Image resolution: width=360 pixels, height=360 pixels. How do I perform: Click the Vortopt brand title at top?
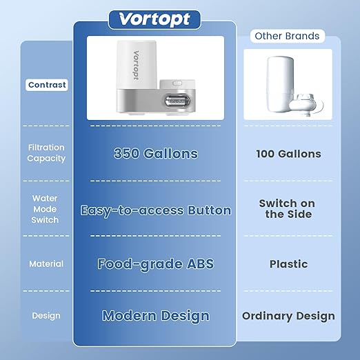click(154, 19)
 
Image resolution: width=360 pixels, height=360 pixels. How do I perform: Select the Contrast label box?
click(48, 86)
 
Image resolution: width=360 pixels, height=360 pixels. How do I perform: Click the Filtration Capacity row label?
click(47, 152)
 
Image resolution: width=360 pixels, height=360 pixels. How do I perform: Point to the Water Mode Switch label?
click(45, 209)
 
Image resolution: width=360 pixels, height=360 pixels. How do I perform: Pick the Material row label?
click(46, 263)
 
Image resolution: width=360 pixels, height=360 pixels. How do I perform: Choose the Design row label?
click(46, 316)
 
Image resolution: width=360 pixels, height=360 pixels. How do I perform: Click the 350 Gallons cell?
click(155, 153)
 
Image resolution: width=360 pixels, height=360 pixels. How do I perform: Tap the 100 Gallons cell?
click(288, 154)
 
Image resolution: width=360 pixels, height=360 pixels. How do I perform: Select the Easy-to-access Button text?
click(155, 210)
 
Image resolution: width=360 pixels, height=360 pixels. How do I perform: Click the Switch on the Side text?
click(287, 209)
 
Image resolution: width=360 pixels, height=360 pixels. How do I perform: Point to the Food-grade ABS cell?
click(155, 263)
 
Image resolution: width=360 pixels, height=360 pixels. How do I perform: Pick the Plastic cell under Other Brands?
click(288, 263)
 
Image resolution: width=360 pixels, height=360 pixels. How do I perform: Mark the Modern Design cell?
click(155, 316)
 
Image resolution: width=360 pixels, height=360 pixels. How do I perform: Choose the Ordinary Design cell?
click(288, 317)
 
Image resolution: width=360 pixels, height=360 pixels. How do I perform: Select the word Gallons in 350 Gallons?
click(171, 153)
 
